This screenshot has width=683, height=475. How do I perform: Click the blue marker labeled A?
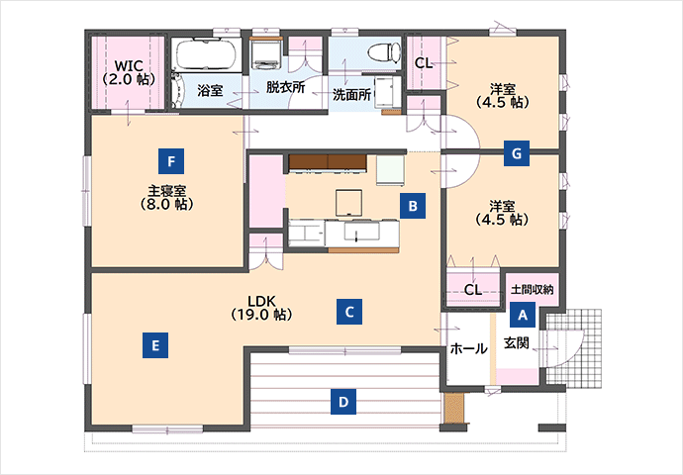coord(523,315)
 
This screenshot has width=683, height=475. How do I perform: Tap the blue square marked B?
coord(413,206)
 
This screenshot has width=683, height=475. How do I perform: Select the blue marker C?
coord(349,312)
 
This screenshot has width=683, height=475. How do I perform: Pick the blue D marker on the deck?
coord(343,402)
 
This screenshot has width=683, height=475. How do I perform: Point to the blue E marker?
coord(155,345)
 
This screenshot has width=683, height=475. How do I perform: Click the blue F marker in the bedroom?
coord(171,161)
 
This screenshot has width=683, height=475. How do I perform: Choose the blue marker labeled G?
coord(517,153)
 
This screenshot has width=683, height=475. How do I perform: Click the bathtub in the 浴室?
coord(206,54)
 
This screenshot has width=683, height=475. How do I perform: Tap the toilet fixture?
coord(384,52)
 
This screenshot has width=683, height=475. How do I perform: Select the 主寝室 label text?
coord(167,191)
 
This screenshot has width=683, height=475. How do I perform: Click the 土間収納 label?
coord(532,289)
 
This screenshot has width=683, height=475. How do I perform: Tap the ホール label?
coord(468,348)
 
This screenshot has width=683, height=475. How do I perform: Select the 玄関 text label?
coord(517,343)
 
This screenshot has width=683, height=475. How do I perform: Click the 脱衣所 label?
coord(286,87)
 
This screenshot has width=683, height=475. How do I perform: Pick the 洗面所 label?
coord(352,94)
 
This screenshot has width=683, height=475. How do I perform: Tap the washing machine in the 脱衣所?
coord(266,54)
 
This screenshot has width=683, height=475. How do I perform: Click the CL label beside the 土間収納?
coord(473,290)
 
